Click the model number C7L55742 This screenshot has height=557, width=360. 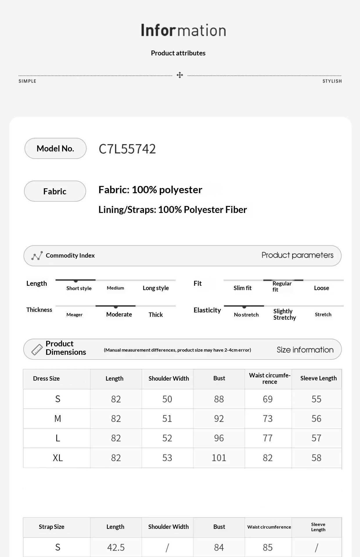coord(127,149)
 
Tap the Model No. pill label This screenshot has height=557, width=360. coord(55,149)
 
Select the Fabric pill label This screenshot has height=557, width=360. coord(55,191)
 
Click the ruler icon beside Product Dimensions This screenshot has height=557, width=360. coord(37,350)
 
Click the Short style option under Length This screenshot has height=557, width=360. coord(79,288)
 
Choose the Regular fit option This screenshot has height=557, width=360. coord(282,286)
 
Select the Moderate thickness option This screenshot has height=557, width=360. coord(119,314)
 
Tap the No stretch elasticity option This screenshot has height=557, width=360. coord(246,315)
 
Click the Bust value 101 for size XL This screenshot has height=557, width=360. coord(219,458)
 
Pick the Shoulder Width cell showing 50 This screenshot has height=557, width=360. coord(167,399)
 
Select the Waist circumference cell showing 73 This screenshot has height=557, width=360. coord(268,419)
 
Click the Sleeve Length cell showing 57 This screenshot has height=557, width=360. coord(316,438)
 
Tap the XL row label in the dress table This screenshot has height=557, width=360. coord(58,458)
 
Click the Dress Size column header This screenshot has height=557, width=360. coord(46,379)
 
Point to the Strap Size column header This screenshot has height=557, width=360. coord(52,527)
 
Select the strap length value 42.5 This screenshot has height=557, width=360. coord(116,547)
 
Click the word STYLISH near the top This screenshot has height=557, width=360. coord(332,81)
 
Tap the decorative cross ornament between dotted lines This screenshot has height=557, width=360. coord(180,75)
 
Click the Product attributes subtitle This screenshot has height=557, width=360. coord(178,53)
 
